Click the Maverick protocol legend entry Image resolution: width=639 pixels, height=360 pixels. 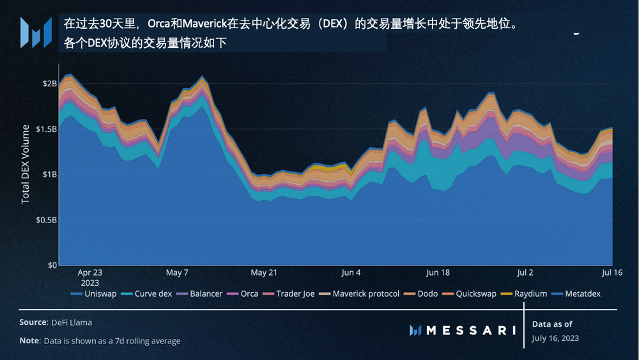pos(360,293)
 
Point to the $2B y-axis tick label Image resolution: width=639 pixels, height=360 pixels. pos(50,83)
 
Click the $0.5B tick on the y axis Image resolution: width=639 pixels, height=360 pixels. pos(46,219)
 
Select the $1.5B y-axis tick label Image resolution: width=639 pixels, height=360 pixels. pos(46,129)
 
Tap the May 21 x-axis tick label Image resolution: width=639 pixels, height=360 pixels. pos(264,272)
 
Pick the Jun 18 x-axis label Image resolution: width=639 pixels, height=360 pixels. pos(438,272)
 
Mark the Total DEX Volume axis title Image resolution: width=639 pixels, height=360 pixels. pos(26,164)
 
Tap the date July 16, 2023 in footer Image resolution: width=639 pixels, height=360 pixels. pos(555,338)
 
